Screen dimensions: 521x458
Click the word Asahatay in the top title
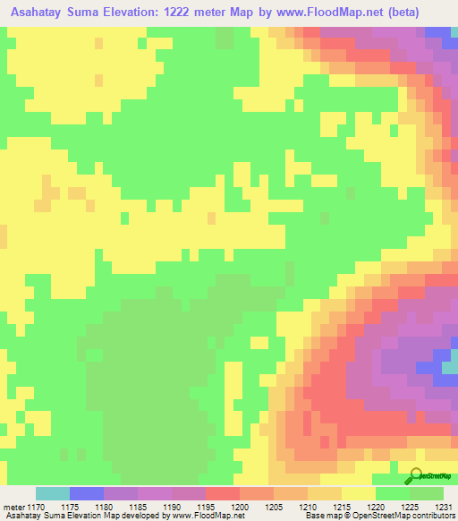pyautogui.click(x=46, y=13)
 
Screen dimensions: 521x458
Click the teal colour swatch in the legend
pyautogui.click(x=52, y=493)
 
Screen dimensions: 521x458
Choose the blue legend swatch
pyautogui.click(x=86, y=493)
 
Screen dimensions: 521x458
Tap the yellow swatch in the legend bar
pyautogui.click(x=359, y=493)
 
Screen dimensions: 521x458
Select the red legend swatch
pyautogui.click(x=222, y=493)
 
